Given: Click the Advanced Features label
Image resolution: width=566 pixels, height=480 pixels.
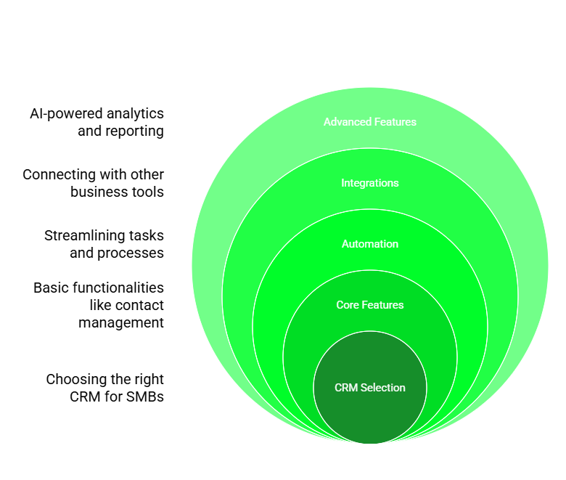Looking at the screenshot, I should [x=370, y=122].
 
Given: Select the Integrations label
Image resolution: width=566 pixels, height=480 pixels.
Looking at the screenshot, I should [x=370, y=183].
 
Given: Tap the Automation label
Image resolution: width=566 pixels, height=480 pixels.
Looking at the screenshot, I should [x=370, y=244].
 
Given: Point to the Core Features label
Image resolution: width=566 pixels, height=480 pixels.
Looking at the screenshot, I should [x=370, y=305].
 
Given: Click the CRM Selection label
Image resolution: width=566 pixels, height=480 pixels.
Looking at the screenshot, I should [x=370, y=388].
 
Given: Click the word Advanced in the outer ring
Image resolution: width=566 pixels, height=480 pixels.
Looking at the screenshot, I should [x=347, y=122].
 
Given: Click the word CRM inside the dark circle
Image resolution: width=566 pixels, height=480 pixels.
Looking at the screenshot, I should [x=345, y=388].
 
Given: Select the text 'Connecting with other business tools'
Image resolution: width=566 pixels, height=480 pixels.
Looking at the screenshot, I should [x=94, y=183].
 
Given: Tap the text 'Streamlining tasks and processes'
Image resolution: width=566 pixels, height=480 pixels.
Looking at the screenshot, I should [x=104, y=244].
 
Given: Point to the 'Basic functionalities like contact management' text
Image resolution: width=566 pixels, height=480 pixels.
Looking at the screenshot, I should [x=99, y=305].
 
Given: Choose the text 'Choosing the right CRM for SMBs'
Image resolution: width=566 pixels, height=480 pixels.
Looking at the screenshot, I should [x=105, y=388].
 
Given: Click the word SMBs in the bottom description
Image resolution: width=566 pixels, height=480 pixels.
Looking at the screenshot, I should [x=145, y=397].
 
